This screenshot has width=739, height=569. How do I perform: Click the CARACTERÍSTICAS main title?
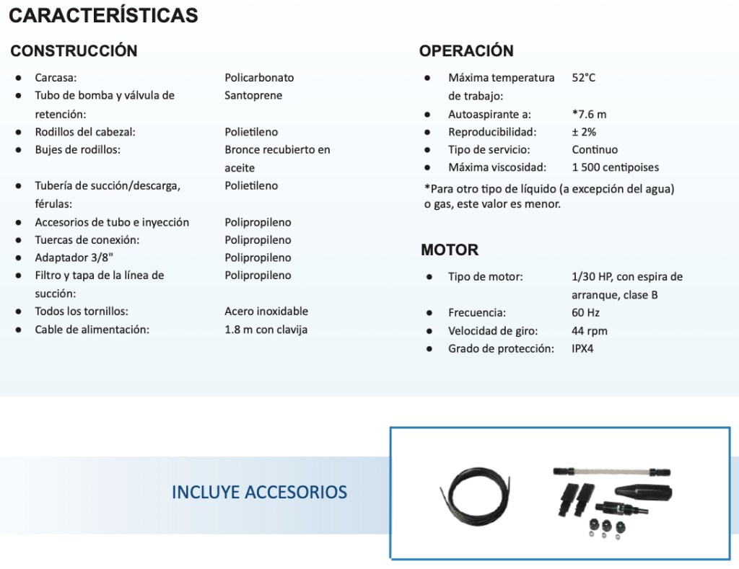click(x=104, y=15)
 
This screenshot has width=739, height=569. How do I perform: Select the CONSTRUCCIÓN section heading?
click(x=74, y=51)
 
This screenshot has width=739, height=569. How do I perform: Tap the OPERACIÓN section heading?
click(x=466, y=51)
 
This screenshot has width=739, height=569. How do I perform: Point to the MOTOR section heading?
click(x=450, y=250)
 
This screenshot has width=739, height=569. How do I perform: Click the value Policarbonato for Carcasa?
click(x=259, y=78)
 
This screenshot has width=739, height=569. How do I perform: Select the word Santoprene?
click(x=253, y=95)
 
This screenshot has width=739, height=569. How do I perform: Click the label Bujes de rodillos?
click(x=77, y=150)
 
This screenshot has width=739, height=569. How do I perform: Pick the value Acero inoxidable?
click(x=266, y=312)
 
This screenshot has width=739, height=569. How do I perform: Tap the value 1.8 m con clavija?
click(x=266, y=330)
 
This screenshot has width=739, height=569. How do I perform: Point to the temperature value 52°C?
click(x=584, y=78)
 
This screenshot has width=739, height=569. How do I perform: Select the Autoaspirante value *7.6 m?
click(x=589, y=114)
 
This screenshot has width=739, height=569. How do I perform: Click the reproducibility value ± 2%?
click(x=584, y=132)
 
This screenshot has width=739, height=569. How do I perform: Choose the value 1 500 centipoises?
click(x=615, y=167)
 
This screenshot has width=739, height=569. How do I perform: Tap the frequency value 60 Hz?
click(x=585, y=313)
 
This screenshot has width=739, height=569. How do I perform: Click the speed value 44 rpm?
click(x=590, y=331)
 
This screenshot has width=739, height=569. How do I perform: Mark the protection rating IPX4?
click(x=582, y=349)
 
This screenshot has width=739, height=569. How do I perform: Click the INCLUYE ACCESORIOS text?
click(x=259, y=493)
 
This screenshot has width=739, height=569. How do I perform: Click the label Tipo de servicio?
click(x=489, y=150)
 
